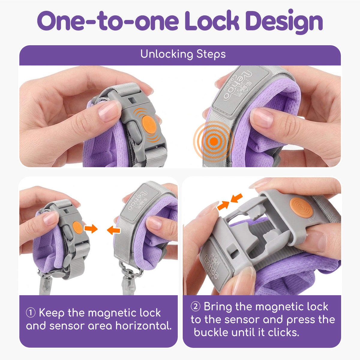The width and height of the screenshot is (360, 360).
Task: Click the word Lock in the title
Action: (x=212, y=20)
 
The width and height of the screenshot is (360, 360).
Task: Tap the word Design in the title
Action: (x=284, y=22)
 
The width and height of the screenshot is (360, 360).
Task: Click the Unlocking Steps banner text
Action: (x=183, y=54)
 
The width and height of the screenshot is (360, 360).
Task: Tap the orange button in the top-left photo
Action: (x=149, y=124)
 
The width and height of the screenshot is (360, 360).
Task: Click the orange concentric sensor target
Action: (x=213, y=141)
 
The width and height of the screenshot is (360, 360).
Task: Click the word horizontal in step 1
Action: (x=143, y=325)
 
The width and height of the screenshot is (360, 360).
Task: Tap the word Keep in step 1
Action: (x=52, y=313)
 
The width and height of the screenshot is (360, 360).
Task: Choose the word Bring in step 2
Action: (x=217, y=307)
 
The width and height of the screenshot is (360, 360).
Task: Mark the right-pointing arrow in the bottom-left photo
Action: (x=91, y=229)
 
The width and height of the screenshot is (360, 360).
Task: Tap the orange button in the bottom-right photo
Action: (x=301, y=207)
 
